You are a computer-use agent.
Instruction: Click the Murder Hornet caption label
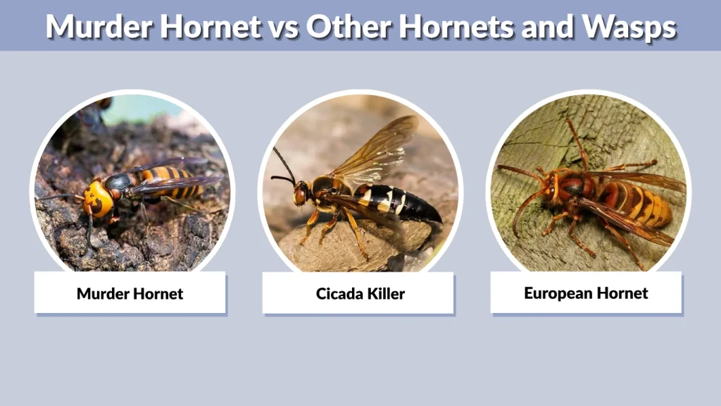tap(130, 293)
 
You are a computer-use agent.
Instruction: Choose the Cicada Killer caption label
tap(360, 293)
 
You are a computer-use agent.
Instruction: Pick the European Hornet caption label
tap(586, 293)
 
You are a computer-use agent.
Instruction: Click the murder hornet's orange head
tap(99, 198)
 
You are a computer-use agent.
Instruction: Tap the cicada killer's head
tap(302, 192)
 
